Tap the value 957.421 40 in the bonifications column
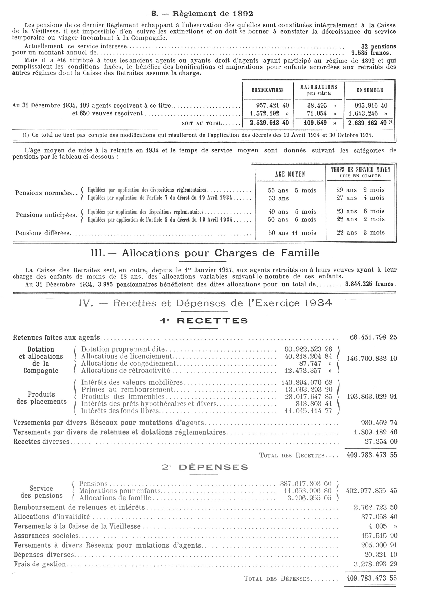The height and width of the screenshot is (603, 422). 272,106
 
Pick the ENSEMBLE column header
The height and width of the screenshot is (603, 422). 370,90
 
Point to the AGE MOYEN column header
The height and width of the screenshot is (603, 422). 290,174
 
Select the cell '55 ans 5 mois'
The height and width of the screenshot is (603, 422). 292,190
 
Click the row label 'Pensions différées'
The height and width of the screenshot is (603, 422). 43,233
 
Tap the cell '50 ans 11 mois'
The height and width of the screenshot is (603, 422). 292,233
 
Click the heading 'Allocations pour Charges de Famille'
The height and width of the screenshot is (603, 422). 205,253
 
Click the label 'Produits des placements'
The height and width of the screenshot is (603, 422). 42,398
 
